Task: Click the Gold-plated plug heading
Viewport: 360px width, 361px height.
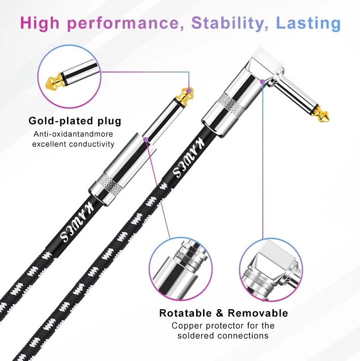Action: pyautogui.click(x=75, y=121)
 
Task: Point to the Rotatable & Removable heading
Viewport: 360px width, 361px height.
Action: pyautogui.click(x=224, y=313)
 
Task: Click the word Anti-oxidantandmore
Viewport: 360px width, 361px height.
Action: pyautogui.click(x=73, y=134)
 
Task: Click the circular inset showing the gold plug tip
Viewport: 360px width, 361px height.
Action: pyautogui.click(x=69, y=77)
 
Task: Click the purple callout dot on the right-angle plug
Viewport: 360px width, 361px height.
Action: pyautogui.click(x=262, y=82)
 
